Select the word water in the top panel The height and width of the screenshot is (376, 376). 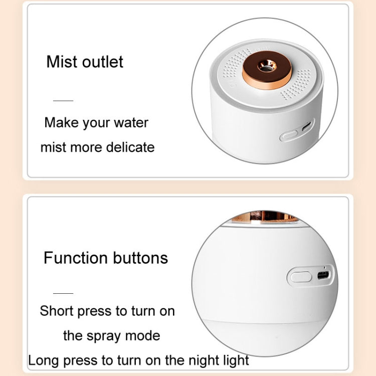coord(132,123)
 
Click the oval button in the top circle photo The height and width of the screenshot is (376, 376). coord(289,135)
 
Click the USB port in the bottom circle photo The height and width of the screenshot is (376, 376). coord(322,275)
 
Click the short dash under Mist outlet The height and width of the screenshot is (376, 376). coord(63,101)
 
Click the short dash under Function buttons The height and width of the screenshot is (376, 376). coord(63,293)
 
